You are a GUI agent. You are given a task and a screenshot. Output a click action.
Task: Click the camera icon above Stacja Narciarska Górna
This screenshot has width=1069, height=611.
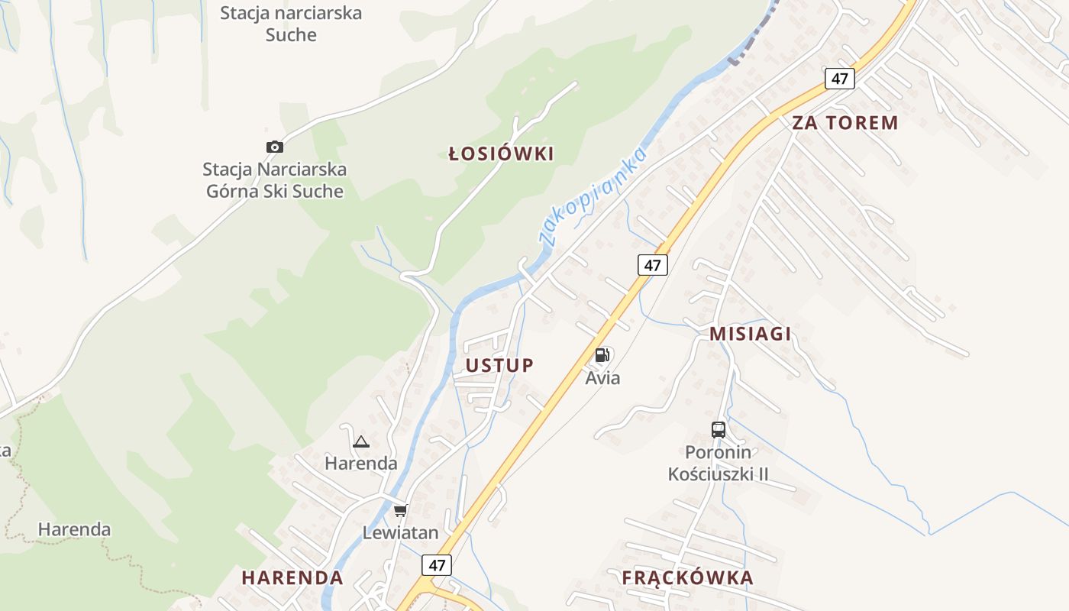point(275,147)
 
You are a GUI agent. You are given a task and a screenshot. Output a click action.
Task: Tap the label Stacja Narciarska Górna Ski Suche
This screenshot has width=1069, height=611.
point(275,180)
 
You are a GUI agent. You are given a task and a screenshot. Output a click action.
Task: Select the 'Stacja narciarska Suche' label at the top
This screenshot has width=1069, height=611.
point(291,24)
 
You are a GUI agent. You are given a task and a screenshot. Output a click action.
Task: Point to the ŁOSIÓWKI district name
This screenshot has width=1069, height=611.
point(501,154)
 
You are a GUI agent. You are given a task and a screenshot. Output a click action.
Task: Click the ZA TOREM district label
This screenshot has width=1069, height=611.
point(845,123)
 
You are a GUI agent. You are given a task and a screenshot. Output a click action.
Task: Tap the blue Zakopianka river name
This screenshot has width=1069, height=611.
point(593,195)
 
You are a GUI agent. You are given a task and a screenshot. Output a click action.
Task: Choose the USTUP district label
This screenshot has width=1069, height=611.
point(500,365)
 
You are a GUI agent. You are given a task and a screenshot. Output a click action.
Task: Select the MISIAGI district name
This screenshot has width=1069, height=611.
point(751,334)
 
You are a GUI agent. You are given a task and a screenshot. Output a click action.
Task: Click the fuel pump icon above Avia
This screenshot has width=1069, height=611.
point(602,354)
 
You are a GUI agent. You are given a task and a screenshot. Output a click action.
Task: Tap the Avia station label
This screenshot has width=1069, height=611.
point(603,378)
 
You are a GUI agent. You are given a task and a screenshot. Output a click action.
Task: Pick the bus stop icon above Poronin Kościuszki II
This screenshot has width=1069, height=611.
point(719,429)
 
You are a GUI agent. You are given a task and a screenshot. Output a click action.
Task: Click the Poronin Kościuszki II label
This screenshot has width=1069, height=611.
point(718,464)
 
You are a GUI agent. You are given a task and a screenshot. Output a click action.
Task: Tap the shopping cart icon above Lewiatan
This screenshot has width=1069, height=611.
point(400,510)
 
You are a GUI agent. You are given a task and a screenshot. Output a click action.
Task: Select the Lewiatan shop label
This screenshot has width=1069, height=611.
point(400,533)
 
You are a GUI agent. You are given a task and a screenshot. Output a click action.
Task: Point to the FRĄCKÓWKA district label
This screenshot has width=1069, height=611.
point(687,577)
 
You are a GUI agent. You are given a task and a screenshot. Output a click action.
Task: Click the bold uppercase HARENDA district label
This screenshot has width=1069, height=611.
point(292,577)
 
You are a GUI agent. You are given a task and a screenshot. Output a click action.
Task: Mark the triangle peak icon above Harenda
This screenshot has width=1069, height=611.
point(361,441)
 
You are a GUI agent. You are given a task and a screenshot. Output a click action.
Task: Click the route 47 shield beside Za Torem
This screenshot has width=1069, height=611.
point(840,78)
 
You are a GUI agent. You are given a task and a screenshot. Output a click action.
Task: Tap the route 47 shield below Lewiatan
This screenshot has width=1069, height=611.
point(437,566)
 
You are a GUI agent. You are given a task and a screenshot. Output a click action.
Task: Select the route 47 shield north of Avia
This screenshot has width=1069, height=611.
point(652,265)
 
